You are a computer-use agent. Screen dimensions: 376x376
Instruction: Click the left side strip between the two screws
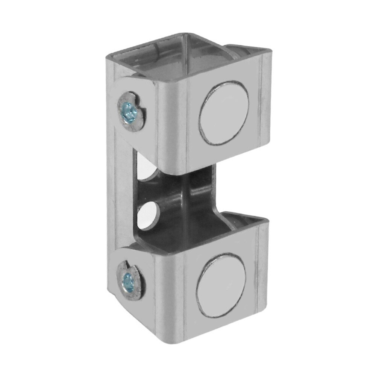click(120, 196)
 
